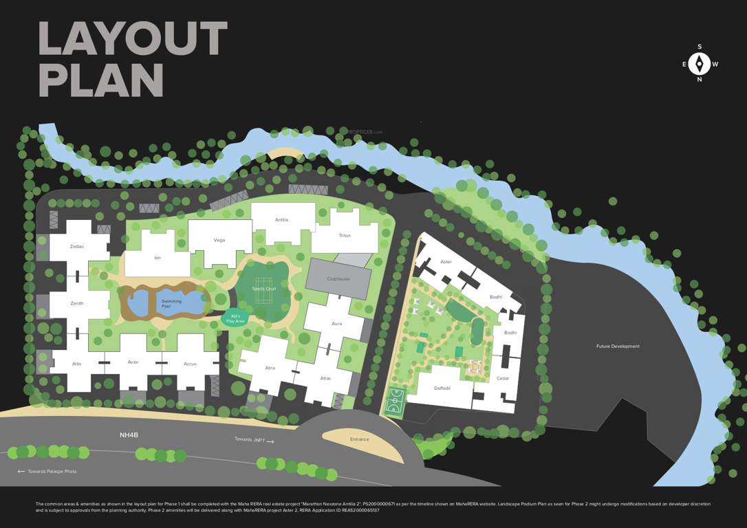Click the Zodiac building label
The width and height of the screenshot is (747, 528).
(x=77, y=246)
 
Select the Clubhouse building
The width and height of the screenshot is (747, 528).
(x=338, y=278)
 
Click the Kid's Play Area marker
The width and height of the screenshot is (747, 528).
(x=235, y=319)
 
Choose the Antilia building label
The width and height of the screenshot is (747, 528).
(x=281, y=220)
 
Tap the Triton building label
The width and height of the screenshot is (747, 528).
(x=345, y=236)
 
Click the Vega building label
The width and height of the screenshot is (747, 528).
(x=219, y=240)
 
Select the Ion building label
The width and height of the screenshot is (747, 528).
(x=158, y=258)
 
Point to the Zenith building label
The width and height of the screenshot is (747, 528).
(x=77, y=302)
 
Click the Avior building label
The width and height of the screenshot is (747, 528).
(x=133, y=363)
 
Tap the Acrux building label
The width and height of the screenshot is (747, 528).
(x=190, y=363)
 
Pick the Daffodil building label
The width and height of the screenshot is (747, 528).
(x=442, y=388)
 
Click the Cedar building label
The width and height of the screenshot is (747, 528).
(x=503, y=379)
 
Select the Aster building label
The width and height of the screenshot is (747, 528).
(x=446, y=262)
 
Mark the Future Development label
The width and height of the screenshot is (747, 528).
(x=618, y=346)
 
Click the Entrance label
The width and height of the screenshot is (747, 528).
(x=359, y=439)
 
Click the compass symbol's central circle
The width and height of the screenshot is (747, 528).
(x=700, y=64)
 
